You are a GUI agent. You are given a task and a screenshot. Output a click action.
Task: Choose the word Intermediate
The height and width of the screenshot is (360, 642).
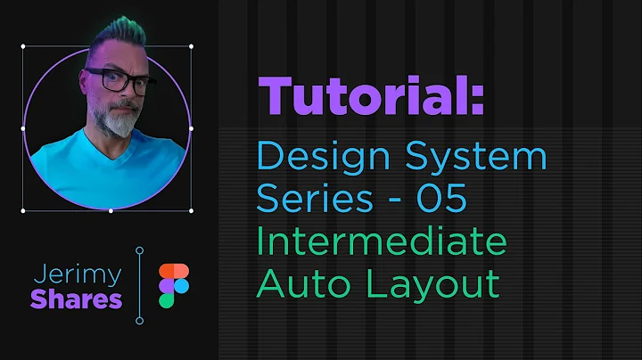pos(381,241)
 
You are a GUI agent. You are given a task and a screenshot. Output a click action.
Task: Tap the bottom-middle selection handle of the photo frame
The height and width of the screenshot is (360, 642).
pos(109,211)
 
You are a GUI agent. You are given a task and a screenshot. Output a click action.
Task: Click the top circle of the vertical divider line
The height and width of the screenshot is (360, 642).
pos(140,250)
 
